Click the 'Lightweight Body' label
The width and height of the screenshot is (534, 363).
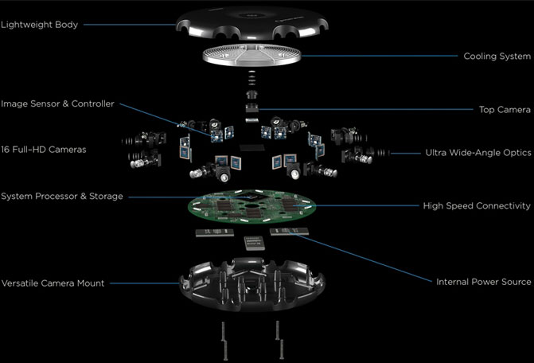pos(39,25)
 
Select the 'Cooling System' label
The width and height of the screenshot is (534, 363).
pos(497,57)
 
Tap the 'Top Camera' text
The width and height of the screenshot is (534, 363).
pos(505,110)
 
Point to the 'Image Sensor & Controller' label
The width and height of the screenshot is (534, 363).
pos(57,103)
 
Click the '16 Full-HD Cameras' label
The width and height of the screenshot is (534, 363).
pos(43,150)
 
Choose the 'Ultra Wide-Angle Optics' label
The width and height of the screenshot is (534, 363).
pos(478,153)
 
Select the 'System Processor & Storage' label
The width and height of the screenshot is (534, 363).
pos(61,196)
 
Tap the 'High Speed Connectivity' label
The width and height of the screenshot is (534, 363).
pos(477,206)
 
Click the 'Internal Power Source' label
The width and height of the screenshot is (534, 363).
pos(484,282)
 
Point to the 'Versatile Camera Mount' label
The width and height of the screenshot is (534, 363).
pos(53,283)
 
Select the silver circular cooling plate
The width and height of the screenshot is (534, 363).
pos(252,56)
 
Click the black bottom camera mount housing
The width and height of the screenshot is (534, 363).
pos(252,286)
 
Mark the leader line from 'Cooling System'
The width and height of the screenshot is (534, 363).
pos(380,56)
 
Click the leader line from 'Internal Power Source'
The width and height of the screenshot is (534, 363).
pos(361,257)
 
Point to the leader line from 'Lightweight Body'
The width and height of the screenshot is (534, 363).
pos(130,25)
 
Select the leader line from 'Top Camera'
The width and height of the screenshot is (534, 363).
pos(366,109)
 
